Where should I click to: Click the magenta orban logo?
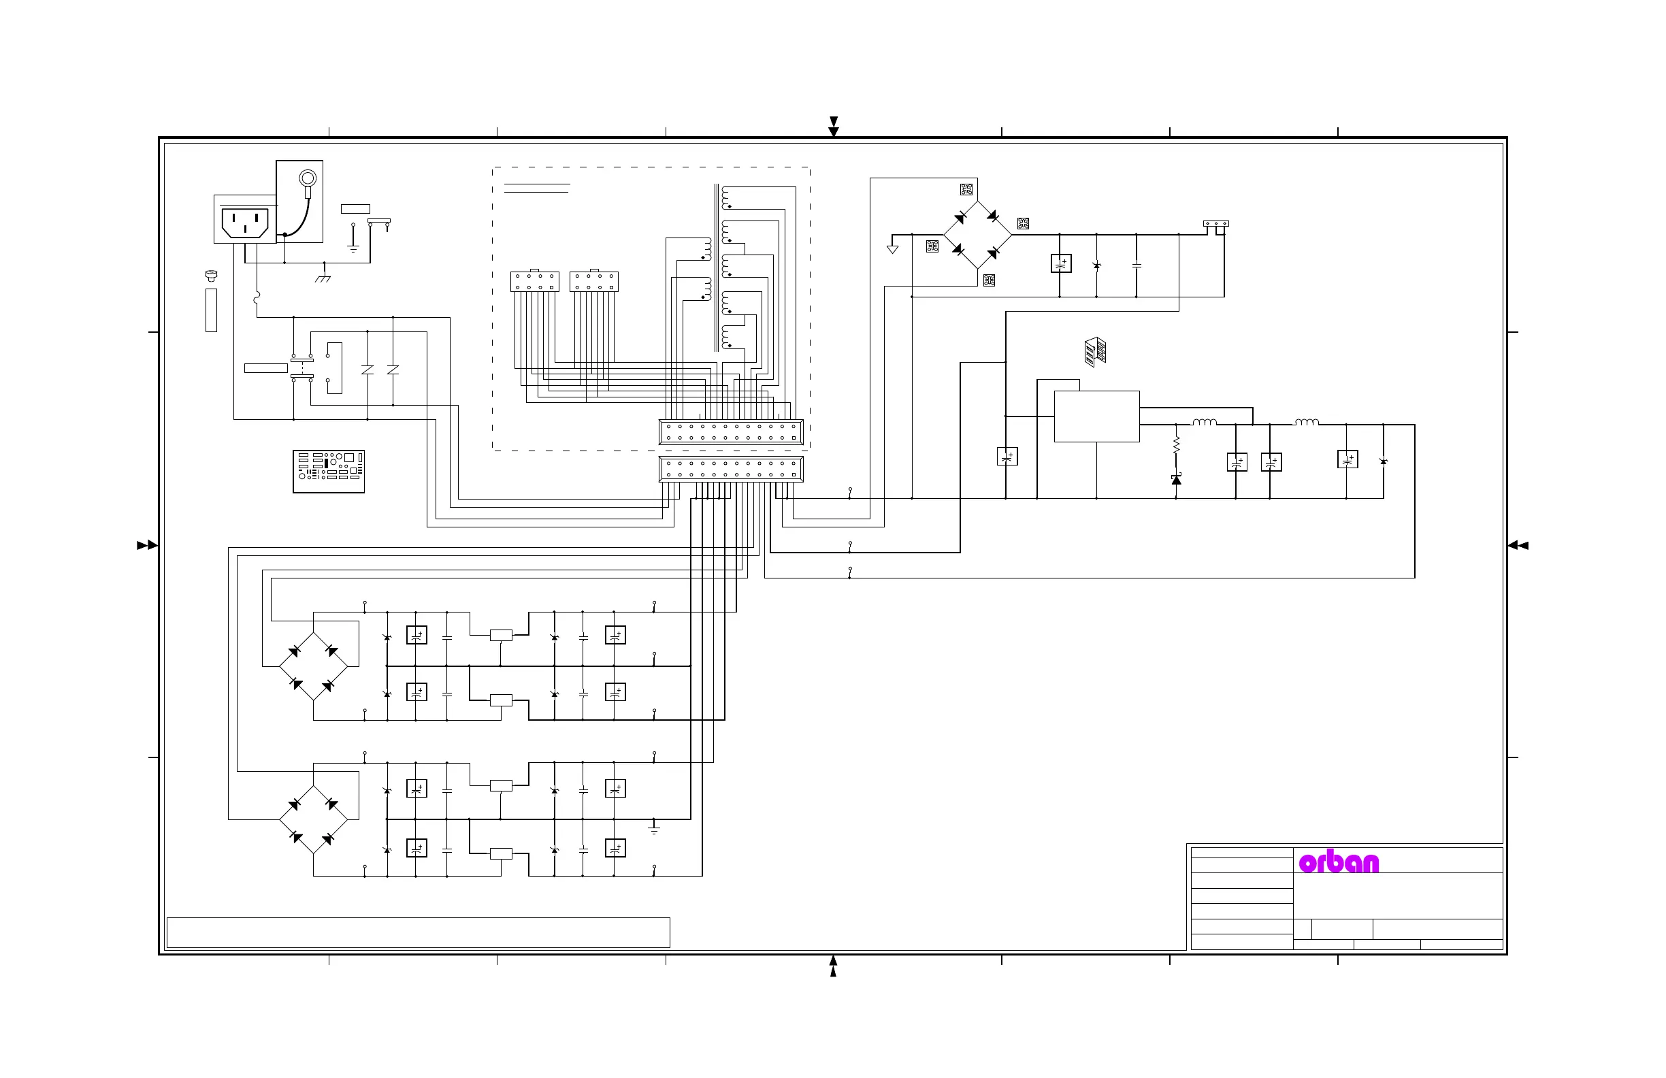coord(1339,862)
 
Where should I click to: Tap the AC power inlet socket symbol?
coord(245,223)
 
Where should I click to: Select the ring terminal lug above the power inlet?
coord(308,179)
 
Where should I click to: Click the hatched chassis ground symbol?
coord(323,277)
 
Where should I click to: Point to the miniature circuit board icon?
coord(328,471)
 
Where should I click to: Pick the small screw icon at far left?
coord(211,276)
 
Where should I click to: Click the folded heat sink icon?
coord(1095,351)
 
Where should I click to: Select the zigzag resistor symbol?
coord(1176,444)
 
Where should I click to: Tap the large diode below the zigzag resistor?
coord(1176,480)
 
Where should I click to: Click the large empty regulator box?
coord(1096,416)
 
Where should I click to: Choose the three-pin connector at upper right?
coord(1216,224)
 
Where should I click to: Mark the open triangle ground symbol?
coord(892,248)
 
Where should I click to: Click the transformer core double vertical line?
coord(717,267)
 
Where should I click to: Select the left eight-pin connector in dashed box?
coord(535,281)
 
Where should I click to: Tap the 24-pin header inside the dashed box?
coord(731,432)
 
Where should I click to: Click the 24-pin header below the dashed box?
coord(731,469)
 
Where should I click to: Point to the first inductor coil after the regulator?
coord(1205,422)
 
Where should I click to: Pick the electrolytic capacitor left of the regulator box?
coord(1007,457)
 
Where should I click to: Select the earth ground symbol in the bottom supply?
coord(654,830)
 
